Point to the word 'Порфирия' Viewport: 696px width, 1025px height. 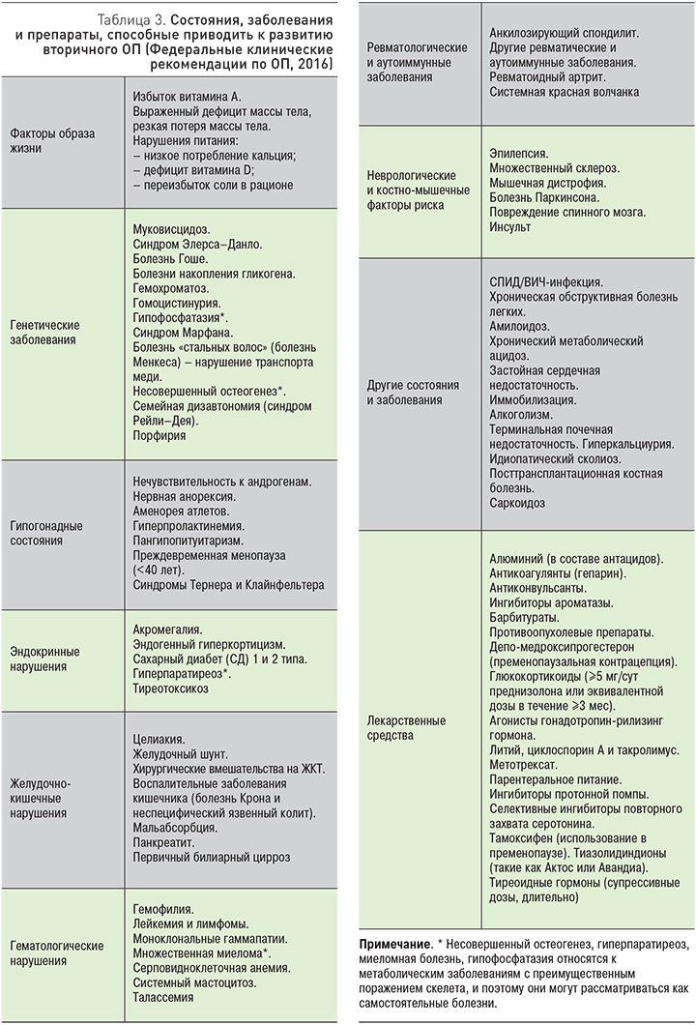[x=159, y=436]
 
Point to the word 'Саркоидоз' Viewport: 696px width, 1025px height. [x=517, y=503]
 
